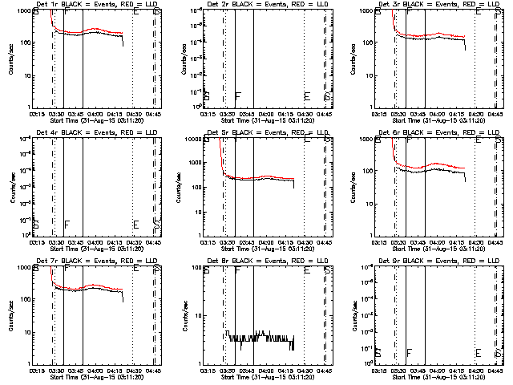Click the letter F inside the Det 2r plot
237,96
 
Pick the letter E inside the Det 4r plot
135,225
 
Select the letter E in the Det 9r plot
478,353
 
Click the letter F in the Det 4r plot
67,225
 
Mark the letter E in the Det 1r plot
135,13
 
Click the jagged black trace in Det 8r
265,338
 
